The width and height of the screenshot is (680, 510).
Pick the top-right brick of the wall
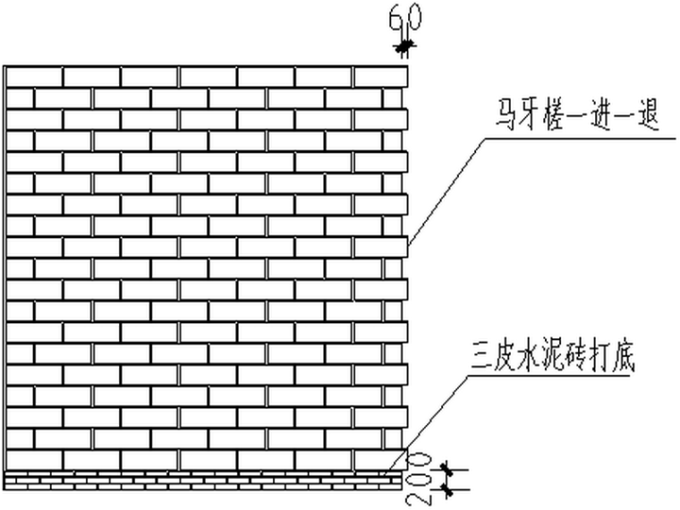click(x=380, y=76)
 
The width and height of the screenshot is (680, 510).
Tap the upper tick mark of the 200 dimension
click(x=447, y=468)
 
